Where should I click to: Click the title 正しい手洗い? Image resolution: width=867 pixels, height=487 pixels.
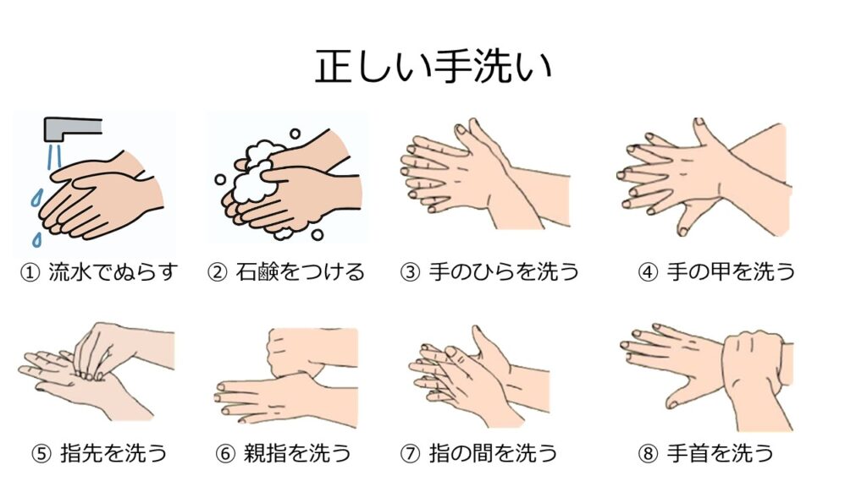click(433, 67)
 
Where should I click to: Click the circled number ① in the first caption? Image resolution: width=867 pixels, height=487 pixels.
click(30, 272)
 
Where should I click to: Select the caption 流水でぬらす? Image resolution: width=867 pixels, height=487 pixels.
click(113, 271)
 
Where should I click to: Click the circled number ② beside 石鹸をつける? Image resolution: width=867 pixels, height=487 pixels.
click(218, 272)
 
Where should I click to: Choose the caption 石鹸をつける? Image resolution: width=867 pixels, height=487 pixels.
click(301, 271)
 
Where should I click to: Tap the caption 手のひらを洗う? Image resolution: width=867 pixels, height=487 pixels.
click(504, 271)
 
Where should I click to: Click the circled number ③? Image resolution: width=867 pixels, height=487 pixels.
click(411, 272)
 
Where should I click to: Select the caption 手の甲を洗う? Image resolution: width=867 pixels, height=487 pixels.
click(731, 271)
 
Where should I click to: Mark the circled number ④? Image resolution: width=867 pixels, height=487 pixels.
click(648, 272)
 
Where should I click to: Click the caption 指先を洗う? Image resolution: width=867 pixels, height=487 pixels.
click(113, 453)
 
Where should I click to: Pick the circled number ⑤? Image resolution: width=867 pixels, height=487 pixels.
click(41, 454)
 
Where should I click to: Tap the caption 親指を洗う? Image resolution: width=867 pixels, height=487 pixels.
click(297, 453)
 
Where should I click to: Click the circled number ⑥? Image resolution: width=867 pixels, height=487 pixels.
click(225, 454)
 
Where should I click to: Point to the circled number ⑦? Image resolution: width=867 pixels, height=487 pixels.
click(411, 454)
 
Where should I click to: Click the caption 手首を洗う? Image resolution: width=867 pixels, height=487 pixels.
click(720, 453)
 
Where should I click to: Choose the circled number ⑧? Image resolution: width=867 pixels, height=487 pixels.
click(648, 454)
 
